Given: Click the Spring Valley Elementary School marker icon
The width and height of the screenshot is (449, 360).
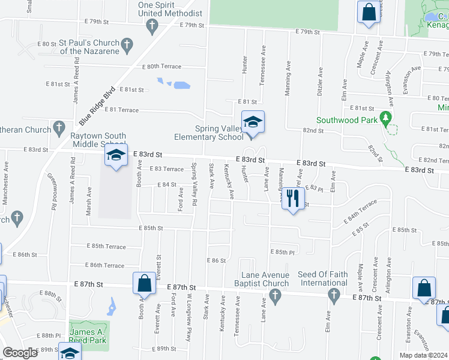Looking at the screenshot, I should tap(253, 123).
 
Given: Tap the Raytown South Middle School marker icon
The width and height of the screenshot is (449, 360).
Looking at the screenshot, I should tap(116, 155).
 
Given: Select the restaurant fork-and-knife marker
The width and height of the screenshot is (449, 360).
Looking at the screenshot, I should tap(292, 197).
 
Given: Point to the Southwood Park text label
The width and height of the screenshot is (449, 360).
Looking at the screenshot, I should tap(347, 120).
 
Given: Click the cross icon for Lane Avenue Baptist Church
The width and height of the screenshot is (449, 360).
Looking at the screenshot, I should tap(275, 295).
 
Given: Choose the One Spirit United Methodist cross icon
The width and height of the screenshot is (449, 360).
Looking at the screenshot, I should tap(152, 25).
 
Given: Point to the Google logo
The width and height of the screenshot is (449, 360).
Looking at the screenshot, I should tap(20, 353).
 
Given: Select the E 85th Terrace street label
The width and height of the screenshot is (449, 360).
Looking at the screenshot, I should tap(106, 247).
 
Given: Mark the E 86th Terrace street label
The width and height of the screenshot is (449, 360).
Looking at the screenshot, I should tap(105, 265).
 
